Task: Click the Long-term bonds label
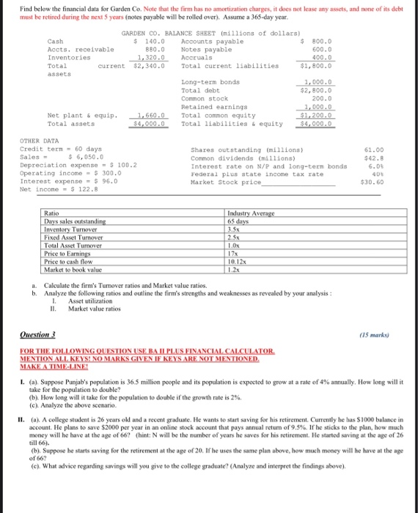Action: tap(210, 83)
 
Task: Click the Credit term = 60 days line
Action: tap(49, 149)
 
